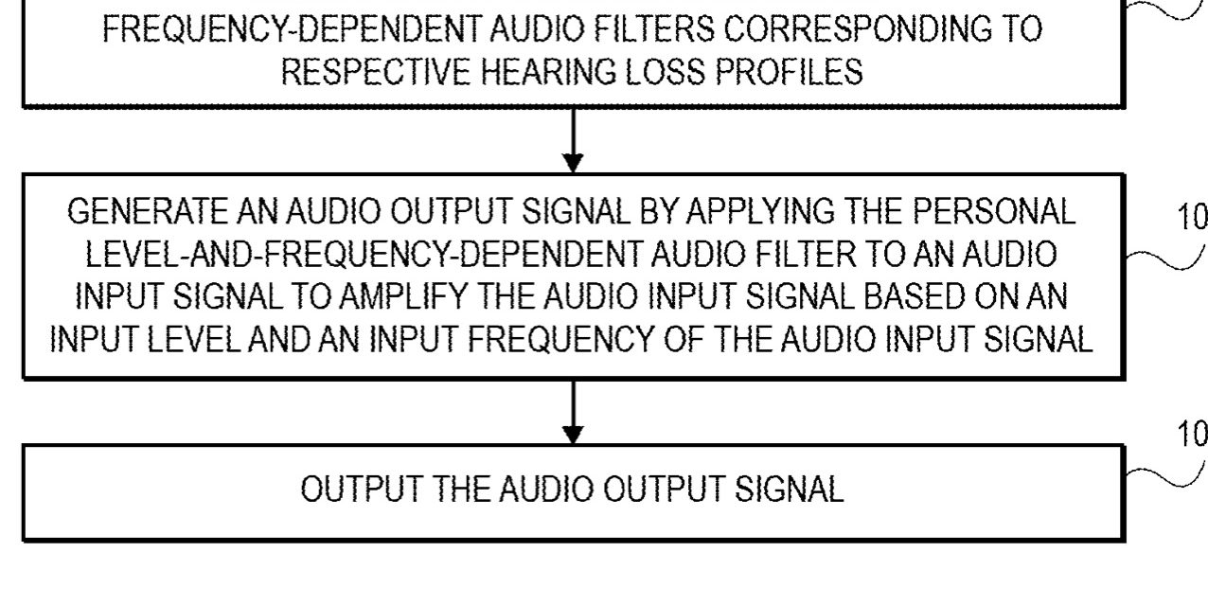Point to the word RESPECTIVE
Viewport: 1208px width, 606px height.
point(375,73)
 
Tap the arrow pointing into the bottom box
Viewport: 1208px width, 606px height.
point(573,412)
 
